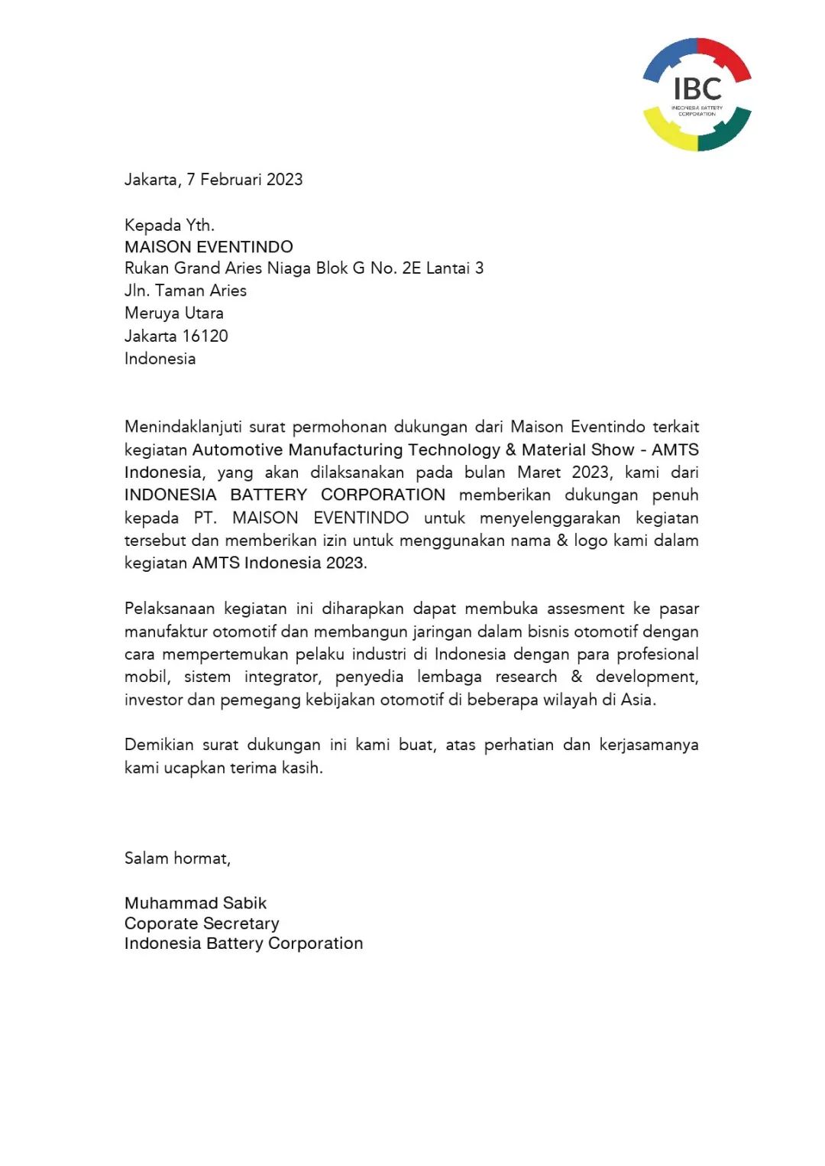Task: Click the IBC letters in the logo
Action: (697, 89)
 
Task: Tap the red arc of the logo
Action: (726, 55)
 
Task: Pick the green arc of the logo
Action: (726, 131)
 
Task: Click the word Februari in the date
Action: (231, 180)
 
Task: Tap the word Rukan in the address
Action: (146, 268)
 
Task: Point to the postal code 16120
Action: (205, 336)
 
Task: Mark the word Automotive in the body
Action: (238, 450)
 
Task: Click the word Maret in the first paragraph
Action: (539, 473)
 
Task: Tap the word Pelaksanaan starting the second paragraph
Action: (170, 609)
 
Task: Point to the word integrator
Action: (283, 677)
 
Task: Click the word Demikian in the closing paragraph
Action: (159, 745)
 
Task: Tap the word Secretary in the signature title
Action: (241, 924)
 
